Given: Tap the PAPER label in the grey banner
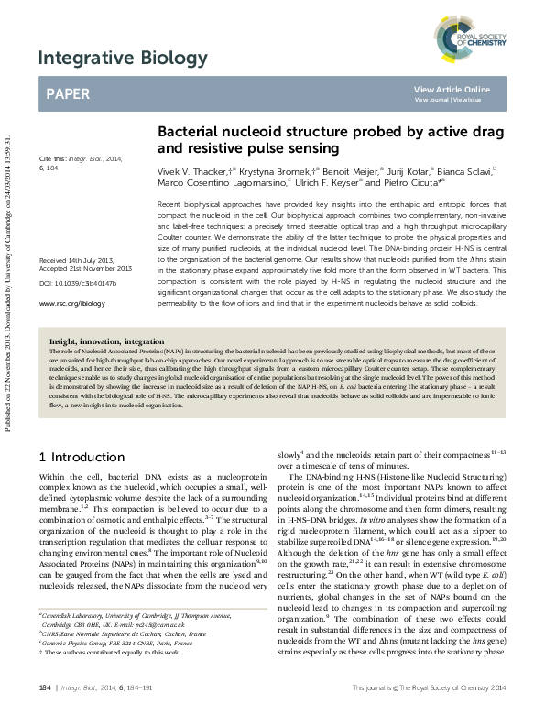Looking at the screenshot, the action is [69, 93].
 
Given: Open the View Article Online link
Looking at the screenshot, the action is [452, 89].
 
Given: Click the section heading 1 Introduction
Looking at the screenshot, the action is [75, 455].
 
